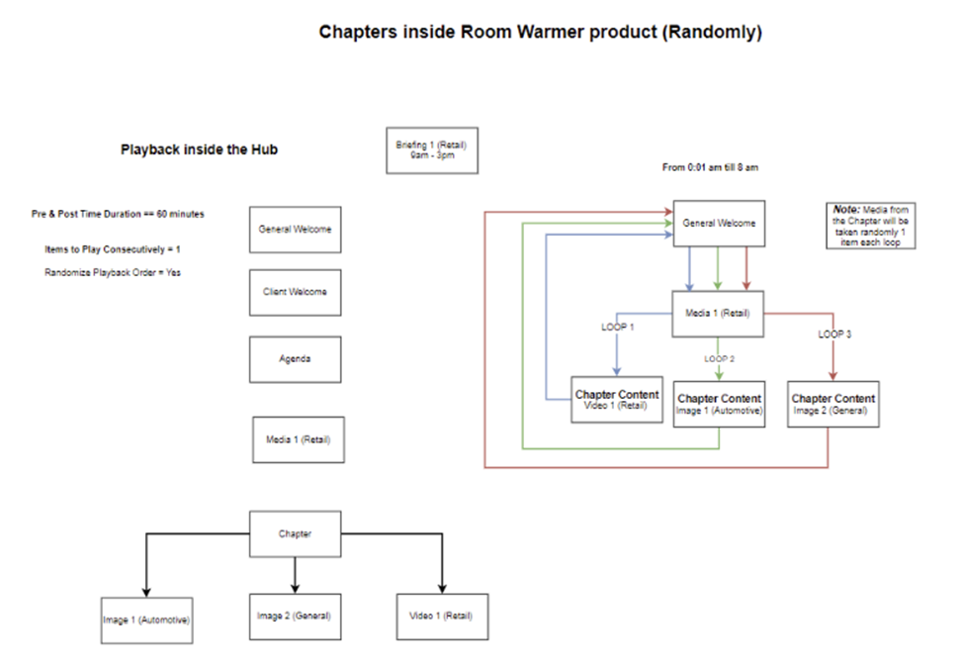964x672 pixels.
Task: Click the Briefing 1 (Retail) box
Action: (431, 150)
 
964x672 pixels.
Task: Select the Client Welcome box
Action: (295, 292)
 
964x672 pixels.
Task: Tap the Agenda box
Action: (295, 359)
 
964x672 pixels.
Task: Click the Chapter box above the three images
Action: (295, 534)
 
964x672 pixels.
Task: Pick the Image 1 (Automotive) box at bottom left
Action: (146, 621)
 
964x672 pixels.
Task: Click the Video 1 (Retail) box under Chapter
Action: (441, 616)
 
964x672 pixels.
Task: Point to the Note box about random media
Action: (871, 226)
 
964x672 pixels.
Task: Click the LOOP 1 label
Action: (617, 325)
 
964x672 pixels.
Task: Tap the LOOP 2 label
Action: (719, 358)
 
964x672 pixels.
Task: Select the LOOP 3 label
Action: (835, 334)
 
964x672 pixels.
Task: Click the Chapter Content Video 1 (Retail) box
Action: (617, 400)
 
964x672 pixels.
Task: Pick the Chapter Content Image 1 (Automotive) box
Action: (719, 404)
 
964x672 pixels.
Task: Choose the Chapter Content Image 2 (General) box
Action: (833, 404)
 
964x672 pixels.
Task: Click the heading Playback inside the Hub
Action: (199, 150)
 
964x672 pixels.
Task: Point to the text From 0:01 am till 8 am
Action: (710, 168)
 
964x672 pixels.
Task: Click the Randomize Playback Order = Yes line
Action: (112, 272)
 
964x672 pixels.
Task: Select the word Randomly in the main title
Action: (712, 32)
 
